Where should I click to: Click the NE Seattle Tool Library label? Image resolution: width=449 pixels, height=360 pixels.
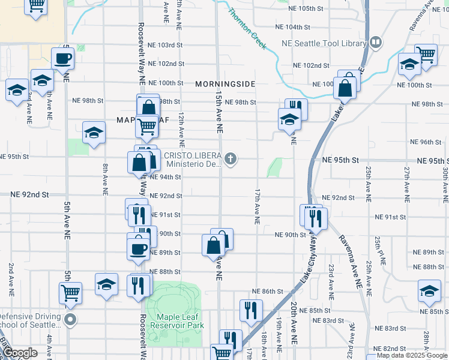pyautogui.click(x=324, y=44)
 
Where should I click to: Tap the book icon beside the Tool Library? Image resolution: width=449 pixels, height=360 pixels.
pyautogui.click(x=375, y=43)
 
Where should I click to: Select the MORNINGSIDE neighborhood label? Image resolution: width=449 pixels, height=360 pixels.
pyautogui.click(x=225, y=84)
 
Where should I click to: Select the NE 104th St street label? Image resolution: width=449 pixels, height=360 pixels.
pyautogui.click(x=292, y=28)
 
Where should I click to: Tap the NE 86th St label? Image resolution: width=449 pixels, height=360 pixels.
pyautogui.click(x=268, y=292)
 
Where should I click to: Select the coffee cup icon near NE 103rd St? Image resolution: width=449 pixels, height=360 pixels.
pyautogui.click(x=62, y=59)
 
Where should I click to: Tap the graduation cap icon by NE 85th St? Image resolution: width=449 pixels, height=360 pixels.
pyautogui.click(x=429, y=292)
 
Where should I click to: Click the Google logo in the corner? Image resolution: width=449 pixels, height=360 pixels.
pyautogui.click(x=20, y=353)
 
